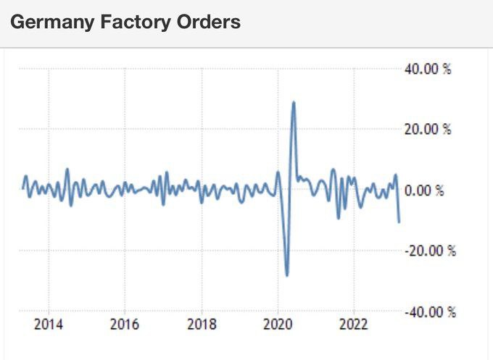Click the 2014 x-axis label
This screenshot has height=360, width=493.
(48, 324)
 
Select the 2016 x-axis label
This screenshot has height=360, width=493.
(125, 324)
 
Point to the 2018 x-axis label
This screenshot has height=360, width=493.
(202, 324)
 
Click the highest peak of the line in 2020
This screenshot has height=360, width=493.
(294, 102)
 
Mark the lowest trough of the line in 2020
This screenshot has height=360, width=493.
(287, 275)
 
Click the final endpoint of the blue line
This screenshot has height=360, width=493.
(399, 222)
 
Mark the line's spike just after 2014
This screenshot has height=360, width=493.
(67, 169)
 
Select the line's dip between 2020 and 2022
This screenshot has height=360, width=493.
(338, 217)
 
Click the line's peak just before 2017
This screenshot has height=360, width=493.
(167, 172)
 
